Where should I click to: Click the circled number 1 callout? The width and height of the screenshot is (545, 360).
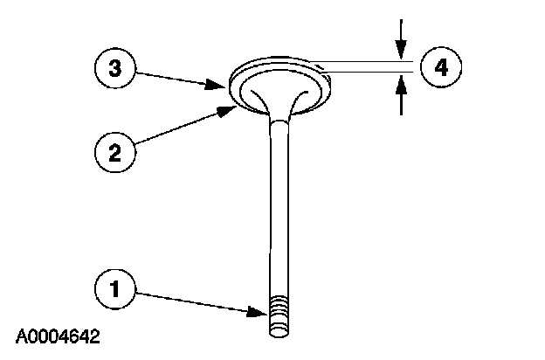tap(114, 287)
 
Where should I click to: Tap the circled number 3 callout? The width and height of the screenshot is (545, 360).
tap(114, 67)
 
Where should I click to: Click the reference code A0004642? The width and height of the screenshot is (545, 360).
tap(57, 336)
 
